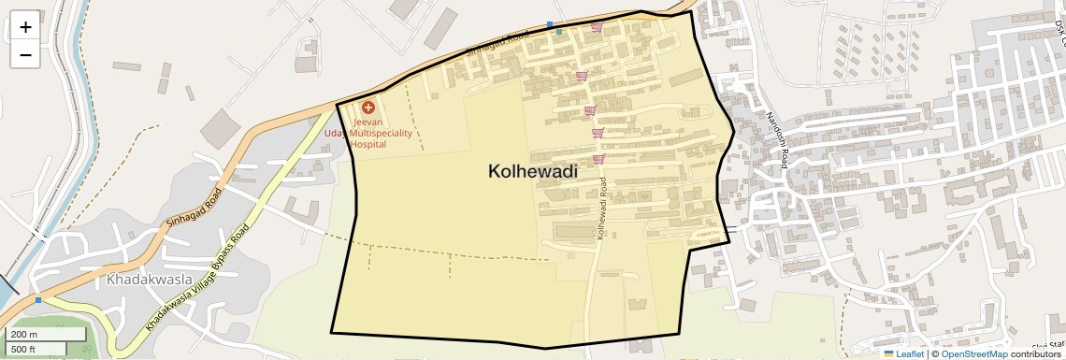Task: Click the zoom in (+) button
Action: tap(25, 27)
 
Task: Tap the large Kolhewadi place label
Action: tap(532, 172)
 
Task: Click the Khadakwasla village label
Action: tap(150, 280)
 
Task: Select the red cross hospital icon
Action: tap(368, 108)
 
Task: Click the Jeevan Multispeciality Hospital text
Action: tap(368, 134)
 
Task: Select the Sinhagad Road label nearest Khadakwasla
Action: tap(194, 206)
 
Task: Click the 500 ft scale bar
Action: tap(35, 350)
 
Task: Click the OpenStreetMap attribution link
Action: tap(974, 354)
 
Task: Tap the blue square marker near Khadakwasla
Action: tap(38, 300)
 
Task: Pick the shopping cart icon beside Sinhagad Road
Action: tap(596, 27)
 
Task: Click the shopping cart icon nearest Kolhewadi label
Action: tap(598, 159)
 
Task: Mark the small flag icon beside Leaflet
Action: tap(888, 354)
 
